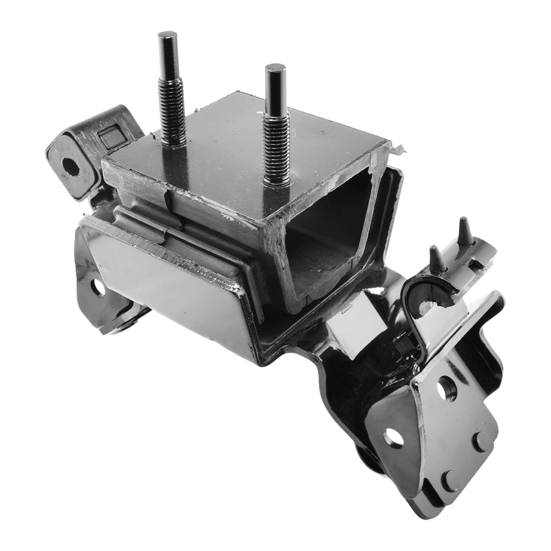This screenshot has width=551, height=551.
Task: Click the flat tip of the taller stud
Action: click(167, 35)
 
